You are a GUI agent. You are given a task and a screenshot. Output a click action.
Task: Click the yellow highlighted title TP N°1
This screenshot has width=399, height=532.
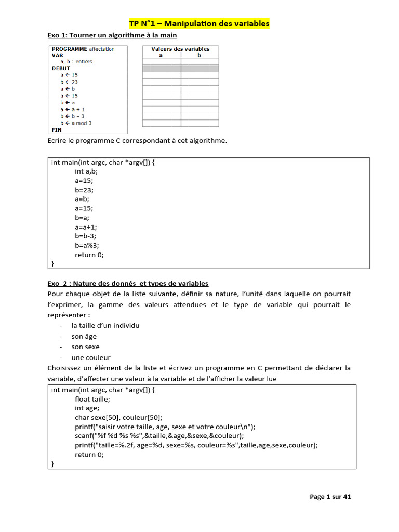tap(199, 23)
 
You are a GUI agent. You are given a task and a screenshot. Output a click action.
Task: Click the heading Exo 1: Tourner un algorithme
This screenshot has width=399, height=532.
tap(112, 35)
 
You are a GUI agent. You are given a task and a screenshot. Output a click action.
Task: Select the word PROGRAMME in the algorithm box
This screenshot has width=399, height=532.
tap(70, 49)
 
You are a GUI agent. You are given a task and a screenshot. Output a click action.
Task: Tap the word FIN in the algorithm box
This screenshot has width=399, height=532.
tap(57, 130)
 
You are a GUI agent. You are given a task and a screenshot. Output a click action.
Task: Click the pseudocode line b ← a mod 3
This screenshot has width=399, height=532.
tap(76, 123)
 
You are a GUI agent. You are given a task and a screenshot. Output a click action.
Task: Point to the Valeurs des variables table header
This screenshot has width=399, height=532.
tap(180, 49)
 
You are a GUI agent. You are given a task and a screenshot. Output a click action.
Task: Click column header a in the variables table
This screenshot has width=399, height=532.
tap(161, 55)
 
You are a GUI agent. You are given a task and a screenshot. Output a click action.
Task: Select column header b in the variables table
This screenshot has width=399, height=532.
tap(199, 55)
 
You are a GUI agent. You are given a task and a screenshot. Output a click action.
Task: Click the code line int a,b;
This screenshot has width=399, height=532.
tap(86, 171)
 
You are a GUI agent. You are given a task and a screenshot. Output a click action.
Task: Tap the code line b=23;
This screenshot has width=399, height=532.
tap(84, 190)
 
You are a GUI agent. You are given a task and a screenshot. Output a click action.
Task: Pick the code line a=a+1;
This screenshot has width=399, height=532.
tap(86, 227)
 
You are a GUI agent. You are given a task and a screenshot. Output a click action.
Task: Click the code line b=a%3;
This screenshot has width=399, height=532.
tap(87, 246)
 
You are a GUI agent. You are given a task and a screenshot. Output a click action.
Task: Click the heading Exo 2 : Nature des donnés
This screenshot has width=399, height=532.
tap(128, 283)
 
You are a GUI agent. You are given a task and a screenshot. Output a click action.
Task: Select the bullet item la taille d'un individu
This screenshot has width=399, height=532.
tap(105, 325)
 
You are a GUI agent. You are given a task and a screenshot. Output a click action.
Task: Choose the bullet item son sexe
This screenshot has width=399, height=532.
tap(86, 347)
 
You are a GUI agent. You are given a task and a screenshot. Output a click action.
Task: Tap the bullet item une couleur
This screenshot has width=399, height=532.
tap(91, 357)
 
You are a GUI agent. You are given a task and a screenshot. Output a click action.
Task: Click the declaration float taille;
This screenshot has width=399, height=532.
tap(92, 399)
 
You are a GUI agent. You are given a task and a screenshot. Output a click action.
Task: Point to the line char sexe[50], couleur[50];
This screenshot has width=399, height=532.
tap(118, 417)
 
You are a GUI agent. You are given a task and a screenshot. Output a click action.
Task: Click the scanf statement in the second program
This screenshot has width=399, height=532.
tap(159, 435)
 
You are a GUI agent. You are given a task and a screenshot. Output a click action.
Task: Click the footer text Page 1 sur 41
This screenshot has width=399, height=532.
tap(330, 497)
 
